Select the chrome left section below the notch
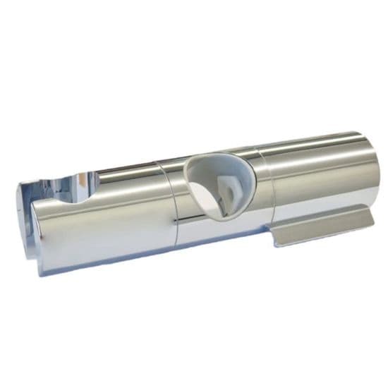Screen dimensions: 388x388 [99, 233]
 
